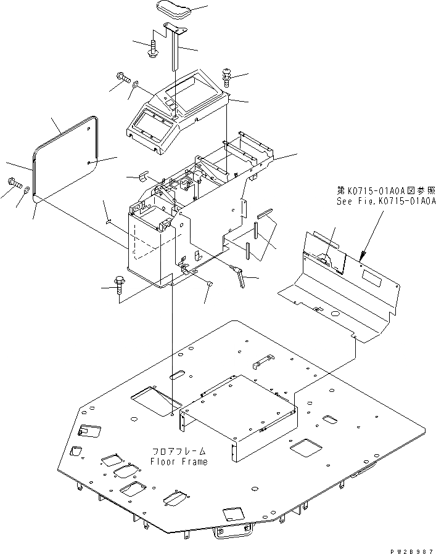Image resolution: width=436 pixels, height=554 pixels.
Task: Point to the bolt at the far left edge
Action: click(14, 182)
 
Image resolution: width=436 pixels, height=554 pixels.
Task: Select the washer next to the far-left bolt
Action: click(27, 187)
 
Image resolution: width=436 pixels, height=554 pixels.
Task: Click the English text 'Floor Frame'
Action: click(179, 462)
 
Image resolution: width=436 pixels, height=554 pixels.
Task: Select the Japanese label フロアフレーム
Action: click(179, 452)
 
